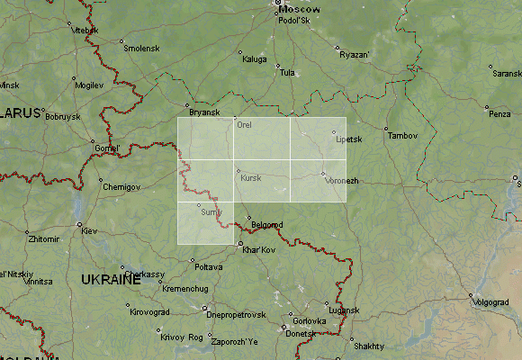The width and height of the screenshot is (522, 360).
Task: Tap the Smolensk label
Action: click(141, 48)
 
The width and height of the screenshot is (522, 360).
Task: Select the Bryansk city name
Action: click(204, 112)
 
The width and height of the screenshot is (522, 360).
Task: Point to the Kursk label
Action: click(251, 178)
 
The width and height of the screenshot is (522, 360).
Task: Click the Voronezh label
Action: click(341, 181)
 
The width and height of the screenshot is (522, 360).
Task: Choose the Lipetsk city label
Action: click(347, 139)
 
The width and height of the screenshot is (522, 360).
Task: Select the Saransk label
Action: click(506, 74)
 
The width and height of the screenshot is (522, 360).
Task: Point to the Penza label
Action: click(499, 114)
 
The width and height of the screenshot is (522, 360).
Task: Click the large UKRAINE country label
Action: click(111, 280)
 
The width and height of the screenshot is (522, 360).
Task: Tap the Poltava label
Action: click(208, 267)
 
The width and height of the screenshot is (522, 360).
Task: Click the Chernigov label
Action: click(121, 186)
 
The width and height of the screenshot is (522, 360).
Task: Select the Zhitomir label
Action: click(43, 239)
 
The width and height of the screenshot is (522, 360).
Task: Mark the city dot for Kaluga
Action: click(240, 52)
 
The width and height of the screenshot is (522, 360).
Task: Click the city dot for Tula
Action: click(278, 65)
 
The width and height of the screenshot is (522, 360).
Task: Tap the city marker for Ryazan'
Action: click(337, 48)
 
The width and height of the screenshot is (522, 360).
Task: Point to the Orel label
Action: click(244, 125)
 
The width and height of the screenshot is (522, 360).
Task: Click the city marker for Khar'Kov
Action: click(240, 242)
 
